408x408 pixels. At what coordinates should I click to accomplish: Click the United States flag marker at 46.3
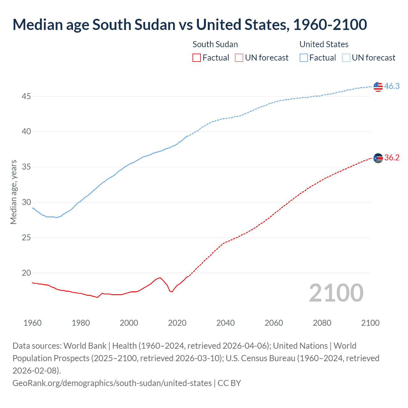click(x=378, y=86)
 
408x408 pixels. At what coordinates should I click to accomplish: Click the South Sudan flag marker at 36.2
click(x=378, y=158)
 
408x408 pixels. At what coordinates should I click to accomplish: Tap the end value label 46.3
click(x=392, y=86)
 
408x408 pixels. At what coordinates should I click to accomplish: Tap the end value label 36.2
click(x=392, y=158)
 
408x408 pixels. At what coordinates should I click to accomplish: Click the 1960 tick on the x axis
click(x=33, y=323)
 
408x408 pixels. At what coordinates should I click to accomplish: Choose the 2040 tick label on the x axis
click(x=225, y=323)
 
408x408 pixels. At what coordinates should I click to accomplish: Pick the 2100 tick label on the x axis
click(x=370, y=323)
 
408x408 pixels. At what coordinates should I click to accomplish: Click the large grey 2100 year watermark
click(x=336, y=293)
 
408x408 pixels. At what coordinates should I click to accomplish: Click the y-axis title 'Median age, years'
click(x=13, y=192)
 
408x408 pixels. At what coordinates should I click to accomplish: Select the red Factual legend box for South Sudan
click(x=197, y=58)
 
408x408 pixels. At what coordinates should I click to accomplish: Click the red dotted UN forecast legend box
click(x=239, y=58)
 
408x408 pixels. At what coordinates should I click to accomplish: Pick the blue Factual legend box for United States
click(x=304, y=58)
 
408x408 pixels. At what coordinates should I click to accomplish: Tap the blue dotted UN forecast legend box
click(x=346, y=58)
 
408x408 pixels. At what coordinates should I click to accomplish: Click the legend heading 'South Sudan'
click(x=215, y=44)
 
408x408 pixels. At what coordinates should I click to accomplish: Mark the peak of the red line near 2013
click(x=160, y=278)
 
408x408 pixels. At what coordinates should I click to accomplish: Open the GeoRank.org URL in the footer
click(x=112, y=383)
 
